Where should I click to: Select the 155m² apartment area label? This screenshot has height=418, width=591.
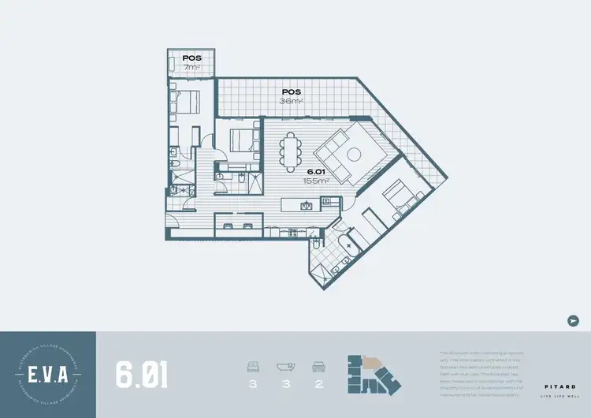(x=316, y=181)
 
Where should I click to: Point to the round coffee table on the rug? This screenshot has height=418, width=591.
(x=354, y=151)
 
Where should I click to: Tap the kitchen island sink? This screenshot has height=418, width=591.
(x=307, y=207)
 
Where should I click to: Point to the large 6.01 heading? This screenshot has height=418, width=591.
(x=142, y=375)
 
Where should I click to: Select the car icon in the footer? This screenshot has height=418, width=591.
(x=319, y=366)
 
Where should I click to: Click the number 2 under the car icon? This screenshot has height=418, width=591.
(x=319, y=385)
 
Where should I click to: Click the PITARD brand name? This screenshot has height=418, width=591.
(x=560, y=386)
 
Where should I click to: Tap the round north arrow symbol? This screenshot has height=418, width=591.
(x=573, y=320)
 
